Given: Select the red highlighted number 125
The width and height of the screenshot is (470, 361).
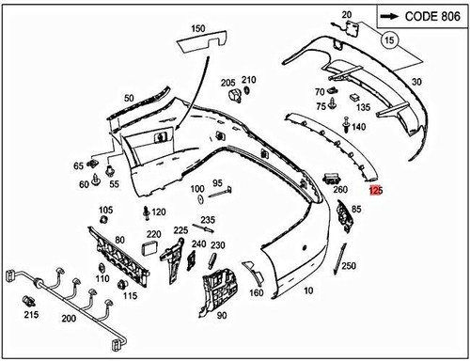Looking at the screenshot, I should [376, 190].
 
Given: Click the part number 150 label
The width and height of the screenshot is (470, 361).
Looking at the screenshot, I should [197, 30].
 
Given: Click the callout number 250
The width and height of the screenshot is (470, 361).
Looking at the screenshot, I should [349, 267].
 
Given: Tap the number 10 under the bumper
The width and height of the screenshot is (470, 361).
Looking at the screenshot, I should [310, 291].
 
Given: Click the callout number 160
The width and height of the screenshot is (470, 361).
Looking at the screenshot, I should [256, 292].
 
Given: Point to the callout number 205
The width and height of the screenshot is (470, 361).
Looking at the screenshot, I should [228, 82].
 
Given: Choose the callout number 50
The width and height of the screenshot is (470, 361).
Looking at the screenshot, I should [129, 97].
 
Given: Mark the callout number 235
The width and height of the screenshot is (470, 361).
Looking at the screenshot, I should [207, 220].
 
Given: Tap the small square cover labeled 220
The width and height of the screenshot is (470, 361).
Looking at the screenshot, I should [150, 248].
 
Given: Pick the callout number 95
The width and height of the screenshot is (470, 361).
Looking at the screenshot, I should [216, 182].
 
